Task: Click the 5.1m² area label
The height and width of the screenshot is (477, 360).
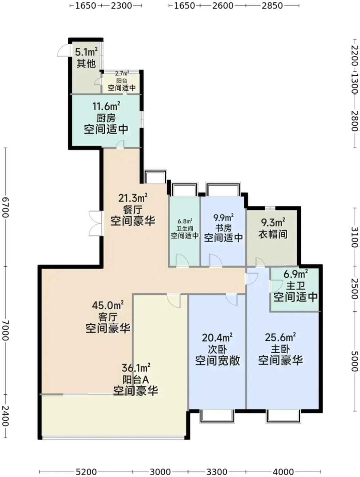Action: coord(86,52)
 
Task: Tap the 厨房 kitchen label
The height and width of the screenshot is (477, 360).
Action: coord(106,119)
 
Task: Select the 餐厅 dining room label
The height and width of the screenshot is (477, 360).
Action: coord(133,210)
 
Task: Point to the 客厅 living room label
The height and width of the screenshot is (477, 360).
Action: coord(108,317)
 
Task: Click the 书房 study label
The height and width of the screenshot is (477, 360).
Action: coord(223,228)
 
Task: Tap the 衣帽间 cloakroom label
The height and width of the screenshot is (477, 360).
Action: coord(273,234)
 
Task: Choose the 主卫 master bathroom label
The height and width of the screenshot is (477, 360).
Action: coord(296,286)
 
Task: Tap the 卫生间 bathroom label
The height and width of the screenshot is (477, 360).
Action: coord(184,229)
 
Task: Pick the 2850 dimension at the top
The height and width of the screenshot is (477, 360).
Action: coord(272,6)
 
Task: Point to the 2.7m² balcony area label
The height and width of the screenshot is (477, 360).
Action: coord(122,73)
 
